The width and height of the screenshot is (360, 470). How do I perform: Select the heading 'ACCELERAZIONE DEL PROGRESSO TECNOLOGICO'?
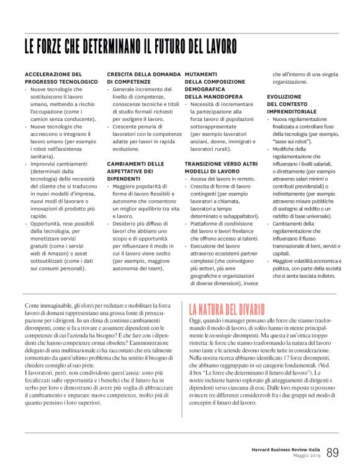click(x=61, y=78)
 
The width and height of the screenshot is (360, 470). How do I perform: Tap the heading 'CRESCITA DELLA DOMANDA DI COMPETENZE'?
click(x=142, y=78)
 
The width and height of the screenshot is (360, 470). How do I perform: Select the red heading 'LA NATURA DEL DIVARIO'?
click(x=227, y=309)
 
